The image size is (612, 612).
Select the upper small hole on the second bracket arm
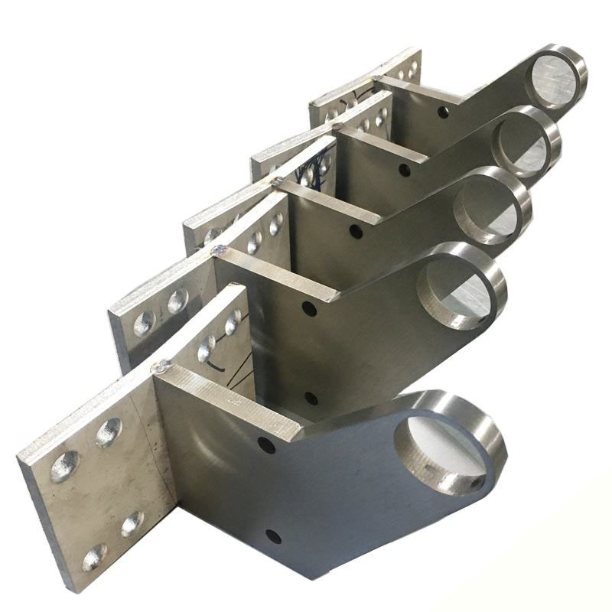click(308, 309)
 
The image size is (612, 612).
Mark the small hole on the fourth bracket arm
click(404, 169)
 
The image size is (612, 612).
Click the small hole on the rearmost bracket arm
click(443, 113)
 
